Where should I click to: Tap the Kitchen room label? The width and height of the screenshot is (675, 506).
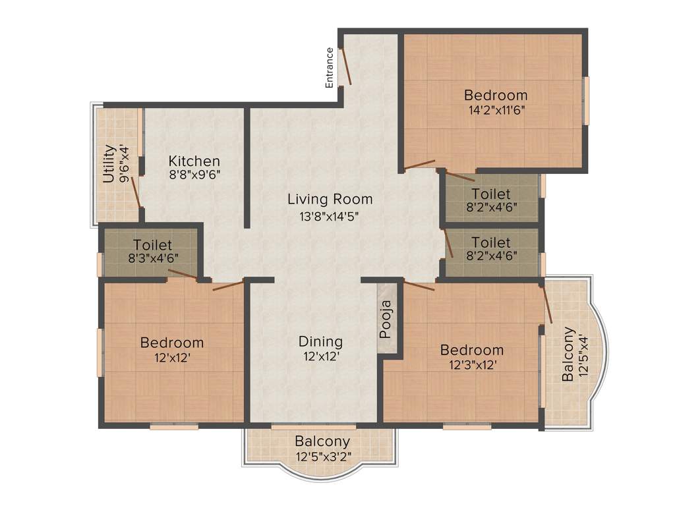(194, 161)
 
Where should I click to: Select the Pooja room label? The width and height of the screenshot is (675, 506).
(387, 320)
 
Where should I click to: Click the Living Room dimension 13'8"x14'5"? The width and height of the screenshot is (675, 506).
(330, 215)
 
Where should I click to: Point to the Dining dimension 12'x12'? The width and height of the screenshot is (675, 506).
(321, 357)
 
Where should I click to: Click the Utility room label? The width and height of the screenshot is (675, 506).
(109, 164)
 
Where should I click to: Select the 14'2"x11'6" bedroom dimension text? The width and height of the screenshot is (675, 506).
(495, 110)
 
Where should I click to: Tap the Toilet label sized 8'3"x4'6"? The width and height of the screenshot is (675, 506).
(152, 245)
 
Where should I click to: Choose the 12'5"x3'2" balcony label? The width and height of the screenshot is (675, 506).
(322, 441)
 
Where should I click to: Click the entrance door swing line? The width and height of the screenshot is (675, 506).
(345, 67)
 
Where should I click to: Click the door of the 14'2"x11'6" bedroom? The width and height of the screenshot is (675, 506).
(419, 164)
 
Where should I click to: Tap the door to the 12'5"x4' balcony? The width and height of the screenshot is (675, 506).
(547, 304)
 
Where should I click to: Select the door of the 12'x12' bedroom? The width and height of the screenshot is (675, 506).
(228, 285)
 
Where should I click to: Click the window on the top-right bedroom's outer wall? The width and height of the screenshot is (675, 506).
(585, 100)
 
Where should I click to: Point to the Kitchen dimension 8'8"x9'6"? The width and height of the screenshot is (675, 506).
(194, 175)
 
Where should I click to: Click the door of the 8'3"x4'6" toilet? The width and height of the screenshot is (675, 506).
(182, 275)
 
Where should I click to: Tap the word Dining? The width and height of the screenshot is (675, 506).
(321, 342)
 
